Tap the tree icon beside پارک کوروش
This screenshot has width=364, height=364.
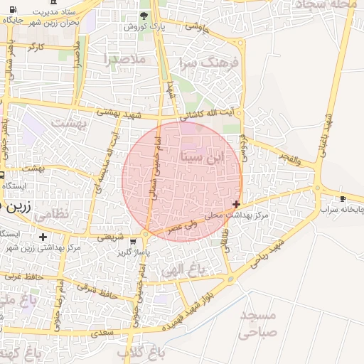pos(144,15)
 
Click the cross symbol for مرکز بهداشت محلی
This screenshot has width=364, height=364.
pos(236,204)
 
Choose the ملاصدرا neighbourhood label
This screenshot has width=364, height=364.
pos(124,59)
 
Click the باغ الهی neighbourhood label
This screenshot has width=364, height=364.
pos(182,270)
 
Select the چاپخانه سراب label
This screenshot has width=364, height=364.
pos(341,210)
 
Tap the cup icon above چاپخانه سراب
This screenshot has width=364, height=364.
pos(343,198)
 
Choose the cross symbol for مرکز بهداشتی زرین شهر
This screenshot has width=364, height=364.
pos(43,237)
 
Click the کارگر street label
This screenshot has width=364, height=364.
pos(36,47)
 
